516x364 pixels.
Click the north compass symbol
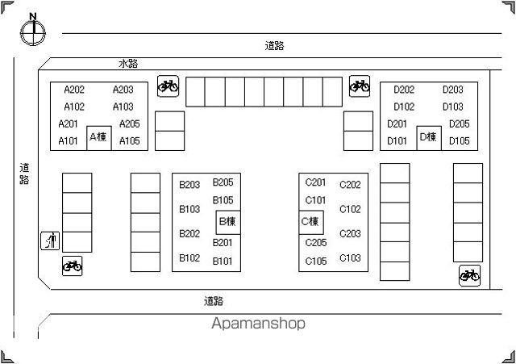pos(33,30)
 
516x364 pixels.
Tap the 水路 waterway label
pos(128,64)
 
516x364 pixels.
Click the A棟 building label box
pos(99,138)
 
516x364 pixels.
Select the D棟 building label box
pos(429,138)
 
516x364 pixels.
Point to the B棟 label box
pos(228,222)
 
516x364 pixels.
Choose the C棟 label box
pos(311,222)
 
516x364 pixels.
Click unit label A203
pos(123,90)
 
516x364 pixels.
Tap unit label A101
pos(68,141)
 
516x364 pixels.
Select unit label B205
pos(223,182)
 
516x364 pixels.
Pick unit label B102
pos(189,258)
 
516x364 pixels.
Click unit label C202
pos(350,185)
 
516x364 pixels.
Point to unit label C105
pos(316,261)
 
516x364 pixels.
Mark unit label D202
pos(404,90)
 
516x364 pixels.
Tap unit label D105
pos(460,141)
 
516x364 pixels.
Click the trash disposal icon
pos(50,241)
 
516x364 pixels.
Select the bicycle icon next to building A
pos(169,86)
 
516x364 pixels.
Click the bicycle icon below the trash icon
pos(73,266)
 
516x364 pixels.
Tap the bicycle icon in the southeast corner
pos(469,276)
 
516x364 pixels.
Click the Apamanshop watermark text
pos(258,324)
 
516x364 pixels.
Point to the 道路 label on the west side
pos(24,174)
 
